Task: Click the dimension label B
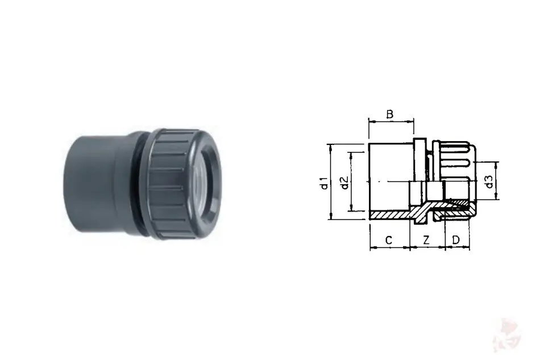[389, 114]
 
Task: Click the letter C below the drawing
[389, 240]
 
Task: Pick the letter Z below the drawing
[426, 240]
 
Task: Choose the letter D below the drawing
[456, 240]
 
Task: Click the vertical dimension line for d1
[331, 181]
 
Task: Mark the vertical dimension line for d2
[351, 181]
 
